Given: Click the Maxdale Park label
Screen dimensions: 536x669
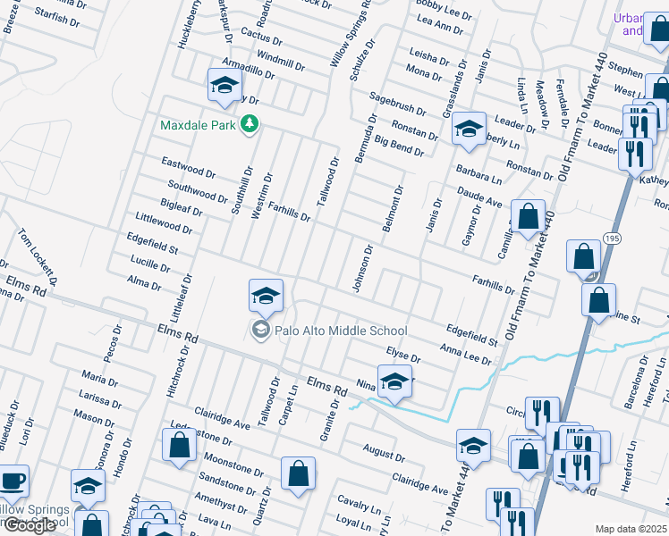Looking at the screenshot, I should (x=198, y=125).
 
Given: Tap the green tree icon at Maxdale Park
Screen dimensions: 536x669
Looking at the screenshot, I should (x=251, y=125).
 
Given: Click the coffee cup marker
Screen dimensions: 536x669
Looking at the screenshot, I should (x=12, y=482).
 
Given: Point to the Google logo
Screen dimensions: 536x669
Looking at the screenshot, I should (x=29, y=525).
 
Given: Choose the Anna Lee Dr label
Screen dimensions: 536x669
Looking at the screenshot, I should (x=465, y=354).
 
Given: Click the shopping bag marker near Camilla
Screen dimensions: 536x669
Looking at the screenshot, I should (x=529, y=217).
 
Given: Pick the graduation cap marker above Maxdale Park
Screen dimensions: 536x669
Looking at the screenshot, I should (x=225, y=87).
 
